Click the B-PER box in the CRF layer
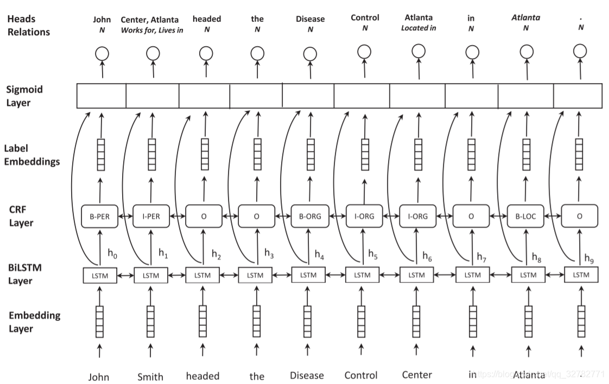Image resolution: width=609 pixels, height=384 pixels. tap(99, 216)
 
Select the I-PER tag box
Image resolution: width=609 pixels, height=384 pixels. tap(150, 216)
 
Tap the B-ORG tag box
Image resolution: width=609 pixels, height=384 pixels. tap(309, 216)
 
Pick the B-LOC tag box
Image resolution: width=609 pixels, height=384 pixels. tap(525, 216)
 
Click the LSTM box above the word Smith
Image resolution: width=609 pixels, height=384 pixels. tap(151, 275)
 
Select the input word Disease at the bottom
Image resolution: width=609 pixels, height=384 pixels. tap(307, 375)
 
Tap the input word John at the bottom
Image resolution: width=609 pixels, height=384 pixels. tap(99, 376)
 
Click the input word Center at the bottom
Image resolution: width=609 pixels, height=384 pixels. tap(417, 375)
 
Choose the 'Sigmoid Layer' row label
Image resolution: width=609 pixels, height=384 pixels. tap(24, 96)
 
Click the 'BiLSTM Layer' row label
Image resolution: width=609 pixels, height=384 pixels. tap(26, 274)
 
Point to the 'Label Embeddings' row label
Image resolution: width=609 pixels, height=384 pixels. tap(31, 154)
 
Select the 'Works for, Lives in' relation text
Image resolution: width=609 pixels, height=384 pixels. tap(152, 30)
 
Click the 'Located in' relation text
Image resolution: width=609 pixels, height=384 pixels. tap(418, 28)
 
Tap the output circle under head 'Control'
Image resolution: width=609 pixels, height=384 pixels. tap(364, 52)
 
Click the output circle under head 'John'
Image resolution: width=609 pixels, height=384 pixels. tap(101, 53)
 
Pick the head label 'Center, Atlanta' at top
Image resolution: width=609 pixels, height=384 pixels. tap(150, 20)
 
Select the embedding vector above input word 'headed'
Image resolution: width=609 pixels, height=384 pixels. tap(202, 322)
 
